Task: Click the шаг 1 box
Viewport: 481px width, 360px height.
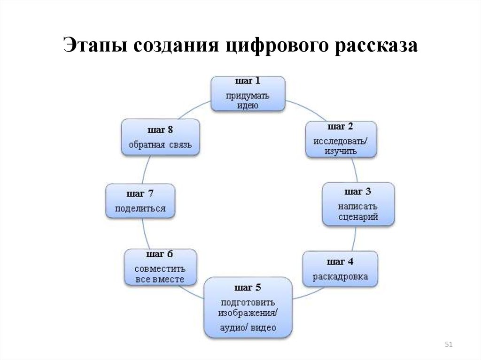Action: click(248, 94)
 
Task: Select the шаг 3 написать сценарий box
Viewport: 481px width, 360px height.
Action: click(358, 204)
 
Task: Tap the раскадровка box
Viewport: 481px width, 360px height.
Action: click(341, 269)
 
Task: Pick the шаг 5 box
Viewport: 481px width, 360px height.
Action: click(248, 307)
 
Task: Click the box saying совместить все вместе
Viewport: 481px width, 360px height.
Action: click(160, 267)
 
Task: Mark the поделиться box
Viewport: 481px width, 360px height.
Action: click(140, 201)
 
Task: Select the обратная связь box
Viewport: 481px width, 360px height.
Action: click(160, 137)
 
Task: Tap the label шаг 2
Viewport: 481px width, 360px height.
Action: click(341, 127)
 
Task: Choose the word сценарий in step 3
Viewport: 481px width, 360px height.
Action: click(358, 217)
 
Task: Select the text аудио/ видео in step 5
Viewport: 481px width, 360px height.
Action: click(248, 328)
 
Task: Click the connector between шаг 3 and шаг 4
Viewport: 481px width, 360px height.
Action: click(353, 239)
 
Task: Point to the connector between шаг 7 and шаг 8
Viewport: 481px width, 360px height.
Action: click(146, 169)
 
